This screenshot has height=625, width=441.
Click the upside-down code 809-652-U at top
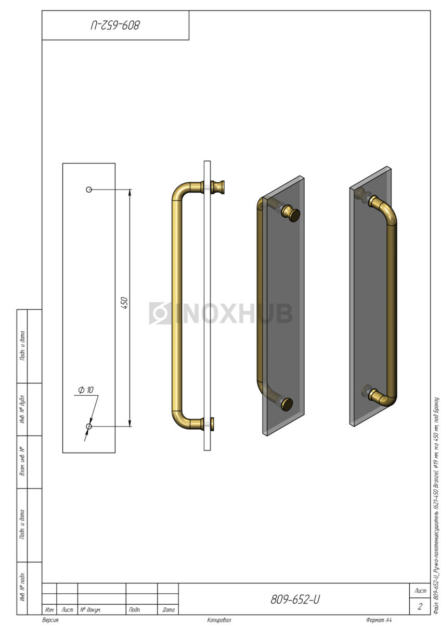[115, 25]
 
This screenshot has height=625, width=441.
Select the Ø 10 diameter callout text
[86, 390]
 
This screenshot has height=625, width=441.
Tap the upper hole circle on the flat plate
[89, 190]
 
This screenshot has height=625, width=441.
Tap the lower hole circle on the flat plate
[89, 427]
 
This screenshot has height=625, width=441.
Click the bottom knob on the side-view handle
[212, 423]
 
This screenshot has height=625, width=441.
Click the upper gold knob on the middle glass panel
[291, 214]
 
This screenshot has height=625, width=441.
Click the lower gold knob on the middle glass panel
[287, 404]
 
